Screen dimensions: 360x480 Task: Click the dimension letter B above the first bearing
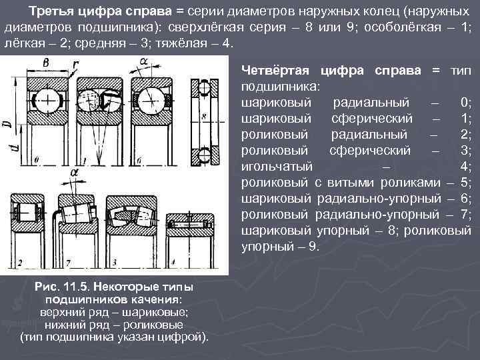pyautogui.click(x=45, y=63)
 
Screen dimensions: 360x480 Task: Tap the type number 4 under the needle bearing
pyautogui.click(x=169, y=261)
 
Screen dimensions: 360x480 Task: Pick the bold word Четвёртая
pyautogui.click(x=277, y=69)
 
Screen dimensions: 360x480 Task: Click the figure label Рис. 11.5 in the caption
pyautogui.click(x=65, y=287)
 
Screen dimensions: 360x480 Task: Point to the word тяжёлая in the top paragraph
pyautogui.click(x=191, y=42)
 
